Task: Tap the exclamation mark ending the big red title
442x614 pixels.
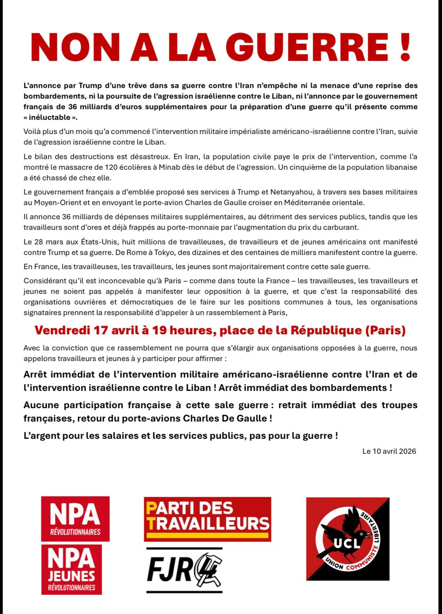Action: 403,46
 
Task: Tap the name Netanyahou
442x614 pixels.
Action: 286,192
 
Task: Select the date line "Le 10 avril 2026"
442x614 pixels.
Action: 389,451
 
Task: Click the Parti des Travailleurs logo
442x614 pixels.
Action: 207,519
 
